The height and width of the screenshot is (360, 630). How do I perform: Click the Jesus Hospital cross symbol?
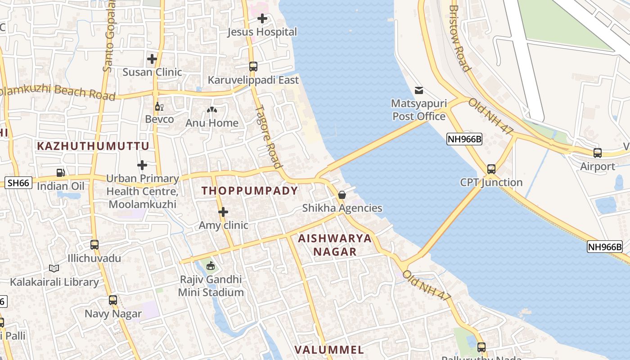click(262, 18)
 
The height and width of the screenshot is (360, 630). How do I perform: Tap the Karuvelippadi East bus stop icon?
click(253, 67)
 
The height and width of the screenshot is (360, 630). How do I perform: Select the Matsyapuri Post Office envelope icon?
click(419, 90)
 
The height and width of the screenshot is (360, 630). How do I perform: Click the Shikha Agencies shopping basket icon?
click(342, 195)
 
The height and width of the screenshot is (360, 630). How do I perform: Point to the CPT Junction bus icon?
click(491, 169)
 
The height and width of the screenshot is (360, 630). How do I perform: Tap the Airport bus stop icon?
click(598, 153)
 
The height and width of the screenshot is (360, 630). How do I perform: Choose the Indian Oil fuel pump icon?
click(60, 172)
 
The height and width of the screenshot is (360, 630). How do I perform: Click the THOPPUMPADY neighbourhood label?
click(250, 191)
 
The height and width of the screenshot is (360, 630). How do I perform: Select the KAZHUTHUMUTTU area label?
click(93, 146)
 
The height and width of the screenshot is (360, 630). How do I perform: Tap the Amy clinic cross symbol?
click(223, 212)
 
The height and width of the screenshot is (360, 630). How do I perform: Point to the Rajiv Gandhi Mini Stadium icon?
click(210, 266)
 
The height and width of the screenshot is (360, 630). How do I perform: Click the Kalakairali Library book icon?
click(54, 269)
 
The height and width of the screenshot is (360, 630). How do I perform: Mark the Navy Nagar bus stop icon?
click(113, 300)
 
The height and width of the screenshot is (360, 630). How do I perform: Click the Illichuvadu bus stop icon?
click(94, 245)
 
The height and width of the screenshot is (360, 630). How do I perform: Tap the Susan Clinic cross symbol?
click(152, 59)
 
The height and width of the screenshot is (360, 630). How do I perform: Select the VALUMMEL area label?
click(329, 350)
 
